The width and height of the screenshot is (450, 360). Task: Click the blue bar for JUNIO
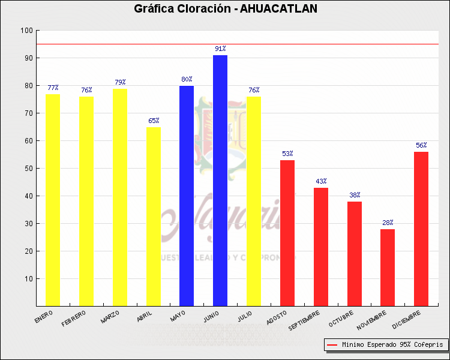tap(220, 180)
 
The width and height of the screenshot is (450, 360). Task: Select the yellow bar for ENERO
tap(53, 200)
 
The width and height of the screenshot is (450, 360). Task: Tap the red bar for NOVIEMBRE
tap(388, 267)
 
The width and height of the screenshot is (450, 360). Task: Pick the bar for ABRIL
tap(153, 216)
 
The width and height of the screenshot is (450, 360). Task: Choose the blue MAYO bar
tap(187, 196)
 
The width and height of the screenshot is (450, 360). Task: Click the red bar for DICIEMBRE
tap(421, 229)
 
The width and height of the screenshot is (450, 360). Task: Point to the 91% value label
tap(220, 49)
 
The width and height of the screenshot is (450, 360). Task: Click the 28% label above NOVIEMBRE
tap(388, 223)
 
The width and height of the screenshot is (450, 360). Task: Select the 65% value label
tap(153, 121)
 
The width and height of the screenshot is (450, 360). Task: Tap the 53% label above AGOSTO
tap(287, 154)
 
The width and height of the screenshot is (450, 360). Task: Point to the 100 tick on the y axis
tap(26, 31)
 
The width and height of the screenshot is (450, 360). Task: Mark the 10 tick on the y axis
tap(28, 279)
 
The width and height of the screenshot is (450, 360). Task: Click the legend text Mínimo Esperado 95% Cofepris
tap(392, 345)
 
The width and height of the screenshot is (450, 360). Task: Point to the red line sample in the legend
tap(332, 345)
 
